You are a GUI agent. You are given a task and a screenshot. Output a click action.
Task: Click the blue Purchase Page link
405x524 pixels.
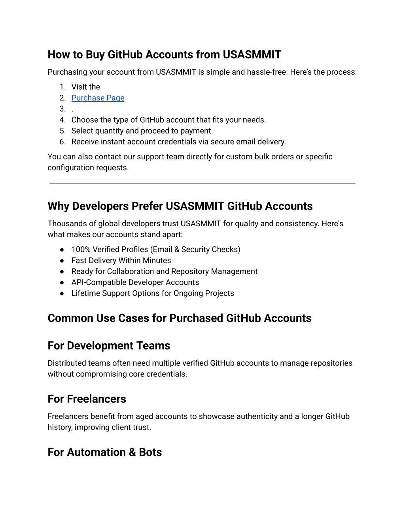pos(98,98)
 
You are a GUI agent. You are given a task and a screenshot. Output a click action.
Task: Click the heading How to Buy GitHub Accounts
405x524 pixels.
pos(164,55)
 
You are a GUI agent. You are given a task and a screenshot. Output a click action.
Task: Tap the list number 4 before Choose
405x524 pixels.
pos(62,120)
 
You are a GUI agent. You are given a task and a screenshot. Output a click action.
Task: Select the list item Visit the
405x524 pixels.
pos(85,87)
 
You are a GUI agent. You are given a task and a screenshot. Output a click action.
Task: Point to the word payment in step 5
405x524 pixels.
pos(197,131)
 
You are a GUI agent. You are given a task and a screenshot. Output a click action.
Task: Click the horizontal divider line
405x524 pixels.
pos(202,183)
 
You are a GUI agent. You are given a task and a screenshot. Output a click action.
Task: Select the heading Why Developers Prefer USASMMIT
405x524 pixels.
pos(180,206)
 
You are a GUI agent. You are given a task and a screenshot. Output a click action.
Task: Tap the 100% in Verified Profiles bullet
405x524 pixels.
pos(81,250)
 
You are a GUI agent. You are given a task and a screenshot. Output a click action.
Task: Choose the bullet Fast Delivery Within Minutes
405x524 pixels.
pos(121,261)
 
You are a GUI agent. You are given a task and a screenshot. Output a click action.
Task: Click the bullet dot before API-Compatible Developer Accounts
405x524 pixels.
pos(62,283)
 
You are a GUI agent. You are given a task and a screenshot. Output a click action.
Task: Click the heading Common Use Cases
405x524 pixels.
pos(179,318)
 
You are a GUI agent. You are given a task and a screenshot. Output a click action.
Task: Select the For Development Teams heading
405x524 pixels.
pos(109,346)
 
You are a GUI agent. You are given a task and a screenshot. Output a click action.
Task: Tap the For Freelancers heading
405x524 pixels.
pos(87,399)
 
